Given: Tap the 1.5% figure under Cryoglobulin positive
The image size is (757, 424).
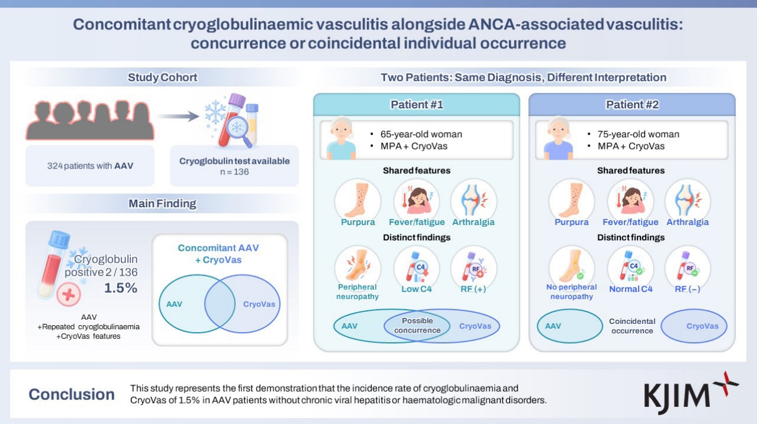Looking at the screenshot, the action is (x=121, y=288).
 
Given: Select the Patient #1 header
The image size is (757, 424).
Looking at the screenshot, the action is (x=416, y=105).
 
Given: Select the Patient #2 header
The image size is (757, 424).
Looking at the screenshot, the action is (x=632, y=105).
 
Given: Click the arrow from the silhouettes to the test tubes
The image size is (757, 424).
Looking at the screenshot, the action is (x=178, y=116).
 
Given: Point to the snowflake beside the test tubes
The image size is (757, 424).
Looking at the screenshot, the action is (x=215, y=112).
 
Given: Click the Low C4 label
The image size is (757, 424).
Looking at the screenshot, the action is (x=416, y=289).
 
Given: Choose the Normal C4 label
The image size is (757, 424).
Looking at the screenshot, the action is (x=630, y=289).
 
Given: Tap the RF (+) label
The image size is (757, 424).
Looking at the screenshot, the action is (x=473, y=289).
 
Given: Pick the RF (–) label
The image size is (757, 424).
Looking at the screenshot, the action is (x=687, y=289).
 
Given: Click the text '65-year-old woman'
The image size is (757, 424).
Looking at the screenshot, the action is (x=421, y=134).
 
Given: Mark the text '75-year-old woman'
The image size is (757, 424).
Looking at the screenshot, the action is (x=638, y=134).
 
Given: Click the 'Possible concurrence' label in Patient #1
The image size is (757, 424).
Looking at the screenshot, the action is (x=417, y=325).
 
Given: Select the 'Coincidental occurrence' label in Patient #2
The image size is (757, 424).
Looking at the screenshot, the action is (x=632, y=326).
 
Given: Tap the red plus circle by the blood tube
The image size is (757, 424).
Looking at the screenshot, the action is (x=68, y=294).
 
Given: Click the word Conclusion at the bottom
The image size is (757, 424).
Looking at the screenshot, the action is (x=72, y=395).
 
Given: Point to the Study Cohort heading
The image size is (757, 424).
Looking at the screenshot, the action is (x=162, y=77).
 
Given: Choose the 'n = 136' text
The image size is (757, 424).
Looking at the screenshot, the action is (x=234, y=172).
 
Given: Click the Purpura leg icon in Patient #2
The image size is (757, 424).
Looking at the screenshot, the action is (x=571, y=201).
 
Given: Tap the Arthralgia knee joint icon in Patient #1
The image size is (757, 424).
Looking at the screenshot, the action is (x=473, y=201).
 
